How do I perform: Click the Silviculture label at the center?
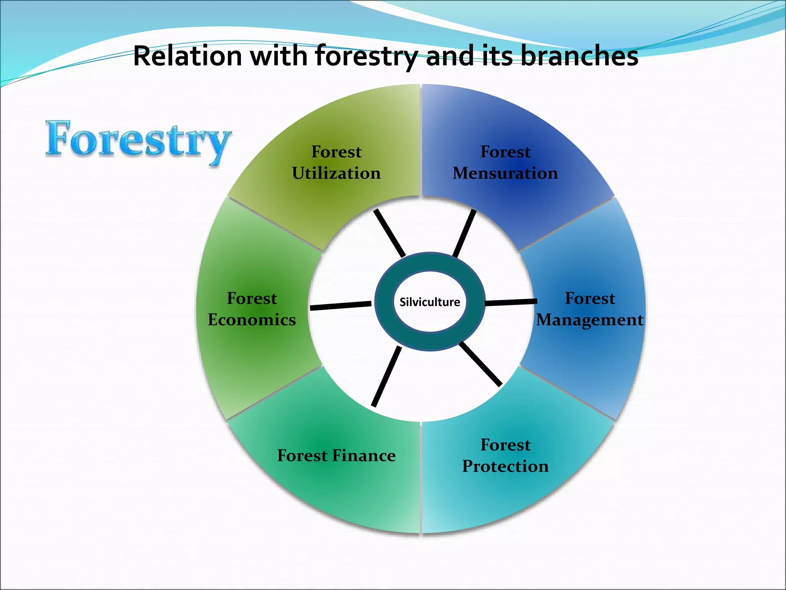[x=429, y=302]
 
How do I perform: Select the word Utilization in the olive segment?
[x=336, y=173]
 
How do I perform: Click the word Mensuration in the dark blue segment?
[x=505, y=173]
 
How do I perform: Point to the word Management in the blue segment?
[x=589, y=320]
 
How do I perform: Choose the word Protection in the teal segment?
[x=505, y=466]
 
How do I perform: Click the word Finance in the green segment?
[x=363, y=456]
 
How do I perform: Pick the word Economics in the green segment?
[x=252, y=320]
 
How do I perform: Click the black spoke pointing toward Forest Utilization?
[x=389, y=233]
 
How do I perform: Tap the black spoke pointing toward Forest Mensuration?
[x=464, y=233]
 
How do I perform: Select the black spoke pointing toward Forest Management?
[x=511, y=302]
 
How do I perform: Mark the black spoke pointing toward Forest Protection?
[x=481, y=364]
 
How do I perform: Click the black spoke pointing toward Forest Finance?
[x=386, y=376]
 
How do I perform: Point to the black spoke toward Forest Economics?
[x=340, y=305]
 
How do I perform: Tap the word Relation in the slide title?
[x=187, y=56]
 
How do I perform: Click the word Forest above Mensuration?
[x=505, y=152]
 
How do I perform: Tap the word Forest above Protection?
[x=505, y=445]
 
